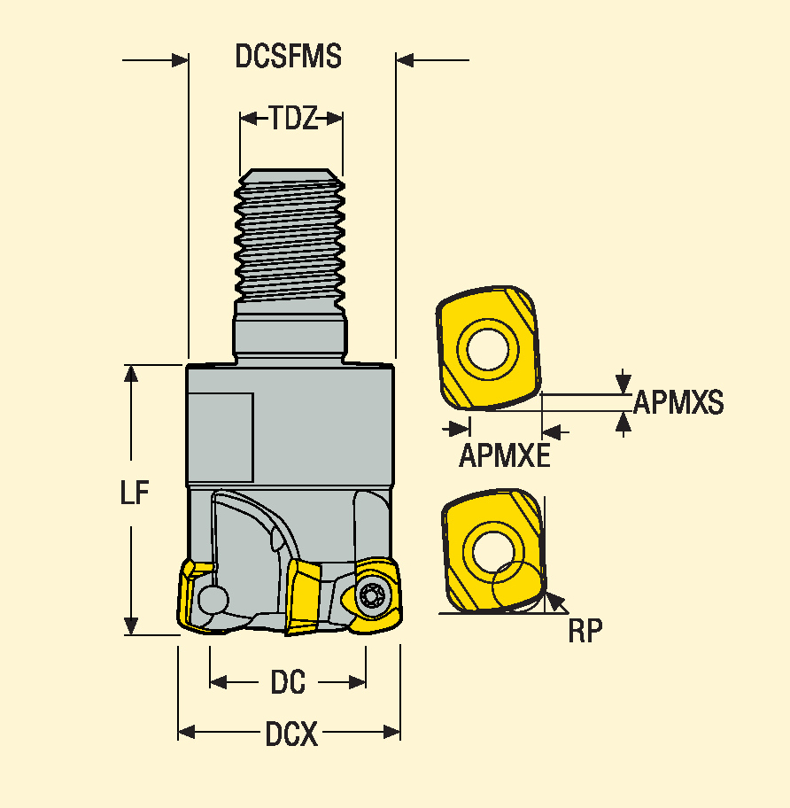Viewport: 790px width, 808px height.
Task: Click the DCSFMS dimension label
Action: click(x=288, y=57)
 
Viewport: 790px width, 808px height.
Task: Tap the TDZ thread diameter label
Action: click(x=291, y=118)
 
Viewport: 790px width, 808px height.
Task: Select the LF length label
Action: click(x=135, y=493)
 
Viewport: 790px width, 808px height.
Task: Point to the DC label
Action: click(x=288, y=682)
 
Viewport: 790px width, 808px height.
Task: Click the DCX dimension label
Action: click(x=290, y=734)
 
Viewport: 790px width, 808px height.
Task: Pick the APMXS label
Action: click(x=678, y=404)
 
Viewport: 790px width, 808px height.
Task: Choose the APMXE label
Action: click(x=504, y=456)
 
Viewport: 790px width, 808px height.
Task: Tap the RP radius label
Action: click(x=585, y=631)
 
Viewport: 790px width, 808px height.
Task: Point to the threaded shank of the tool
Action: click(x=290, y=235)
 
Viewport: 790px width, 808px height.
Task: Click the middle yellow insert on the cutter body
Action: click(x=305, y=595)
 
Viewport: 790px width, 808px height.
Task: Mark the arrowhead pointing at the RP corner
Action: click(x=554, y=602)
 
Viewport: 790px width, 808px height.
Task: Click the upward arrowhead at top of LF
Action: click(x=132, y=373)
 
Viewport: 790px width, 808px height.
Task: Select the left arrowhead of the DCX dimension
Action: click(x=186, y=732)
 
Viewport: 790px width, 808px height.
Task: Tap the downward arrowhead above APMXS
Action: click(x=624, y=382)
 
